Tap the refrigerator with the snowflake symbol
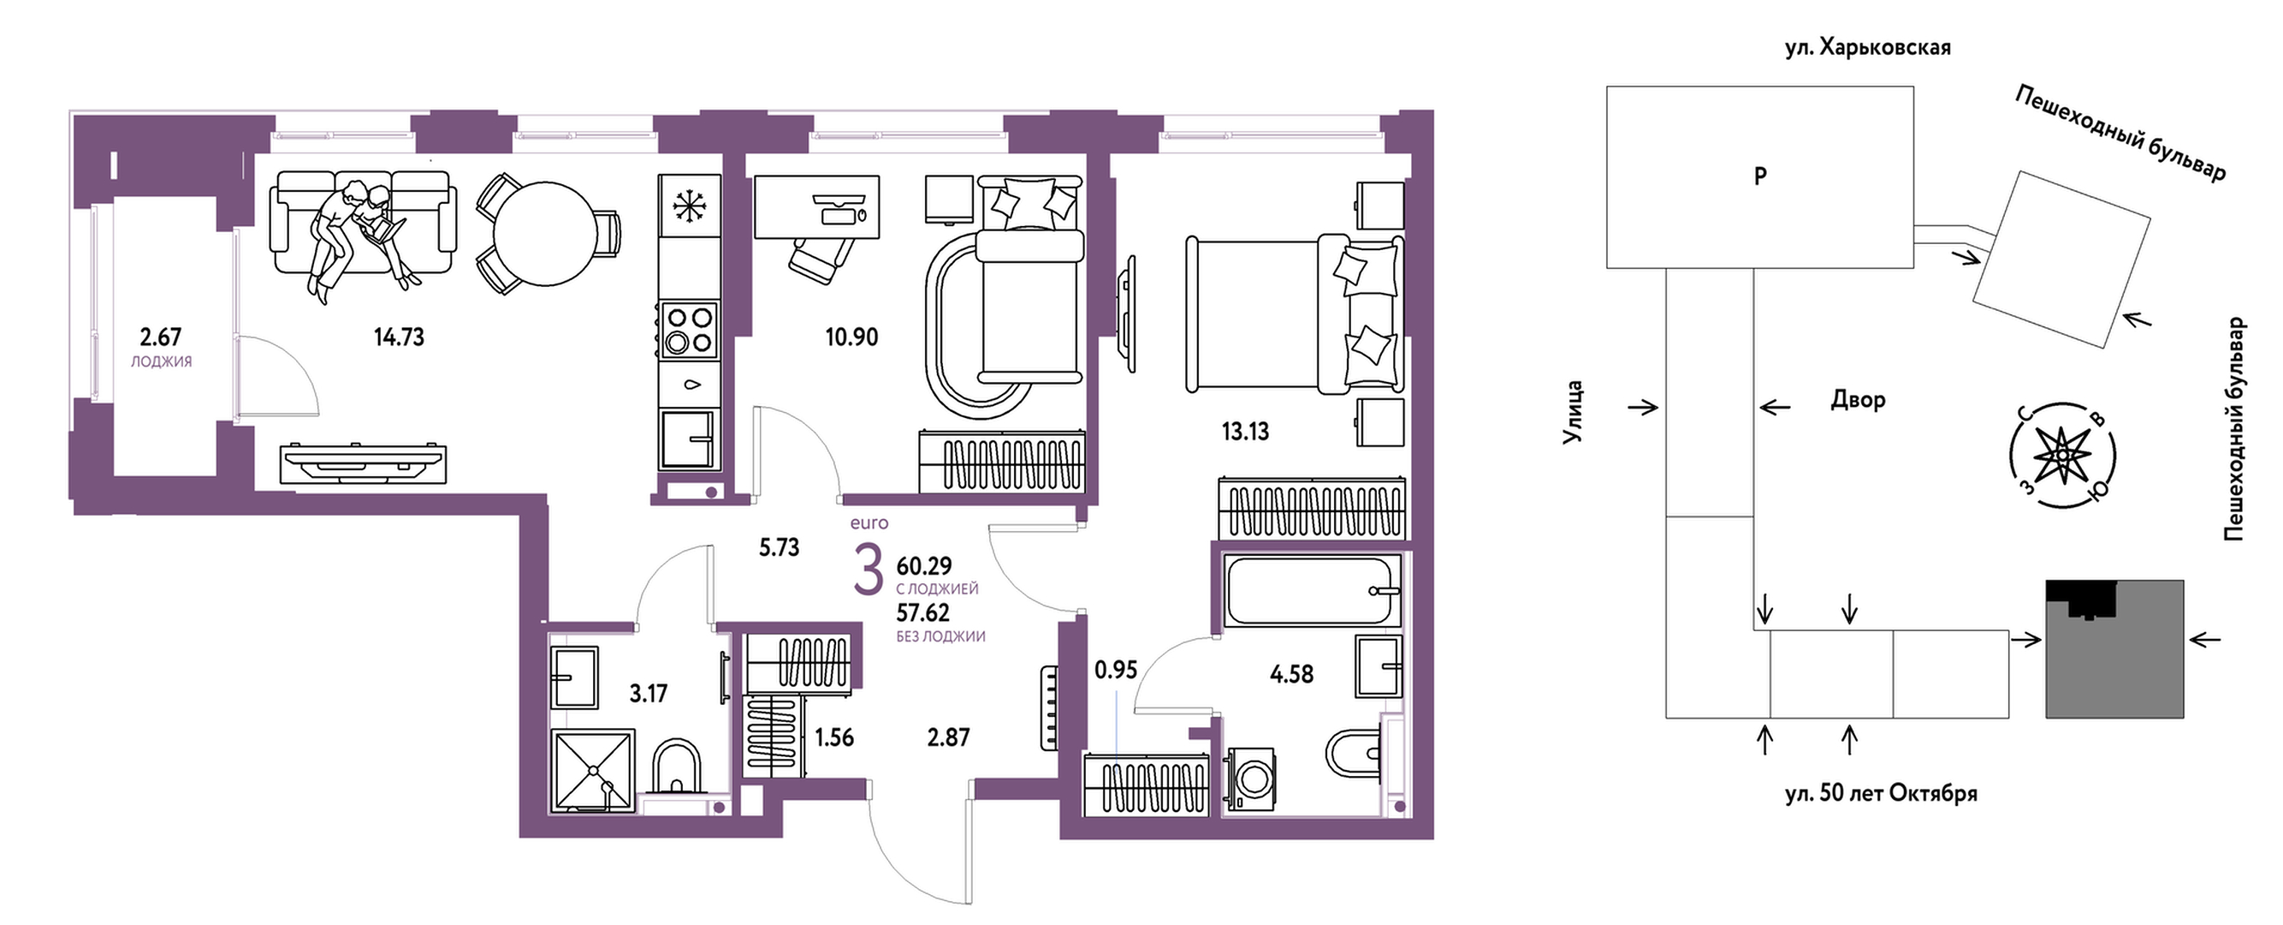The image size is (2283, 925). coord(689,206)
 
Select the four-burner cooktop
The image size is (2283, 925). coord(689,330)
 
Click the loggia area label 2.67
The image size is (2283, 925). coord(160,337)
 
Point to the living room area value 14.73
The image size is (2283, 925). coord(399,337)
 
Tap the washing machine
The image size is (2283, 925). coord(1250,779)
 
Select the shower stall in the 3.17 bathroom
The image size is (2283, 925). coord(593,770)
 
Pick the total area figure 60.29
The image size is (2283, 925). coord(923,566)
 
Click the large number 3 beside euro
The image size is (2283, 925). coord(868,571)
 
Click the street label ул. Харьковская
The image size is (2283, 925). coord(1867,48)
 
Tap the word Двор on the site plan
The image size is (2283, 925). coord(1858,400)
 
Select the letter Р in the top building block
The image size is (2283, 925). coord(1760,176)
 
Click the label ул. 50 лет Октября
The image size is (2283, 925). coord(1881,793)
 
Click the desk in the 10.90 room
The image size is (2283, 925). coord(816,206)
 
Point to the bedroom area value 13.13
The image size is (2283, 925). coord(1245,432)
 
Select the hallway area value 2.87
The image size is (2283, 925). coord(948,737)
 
